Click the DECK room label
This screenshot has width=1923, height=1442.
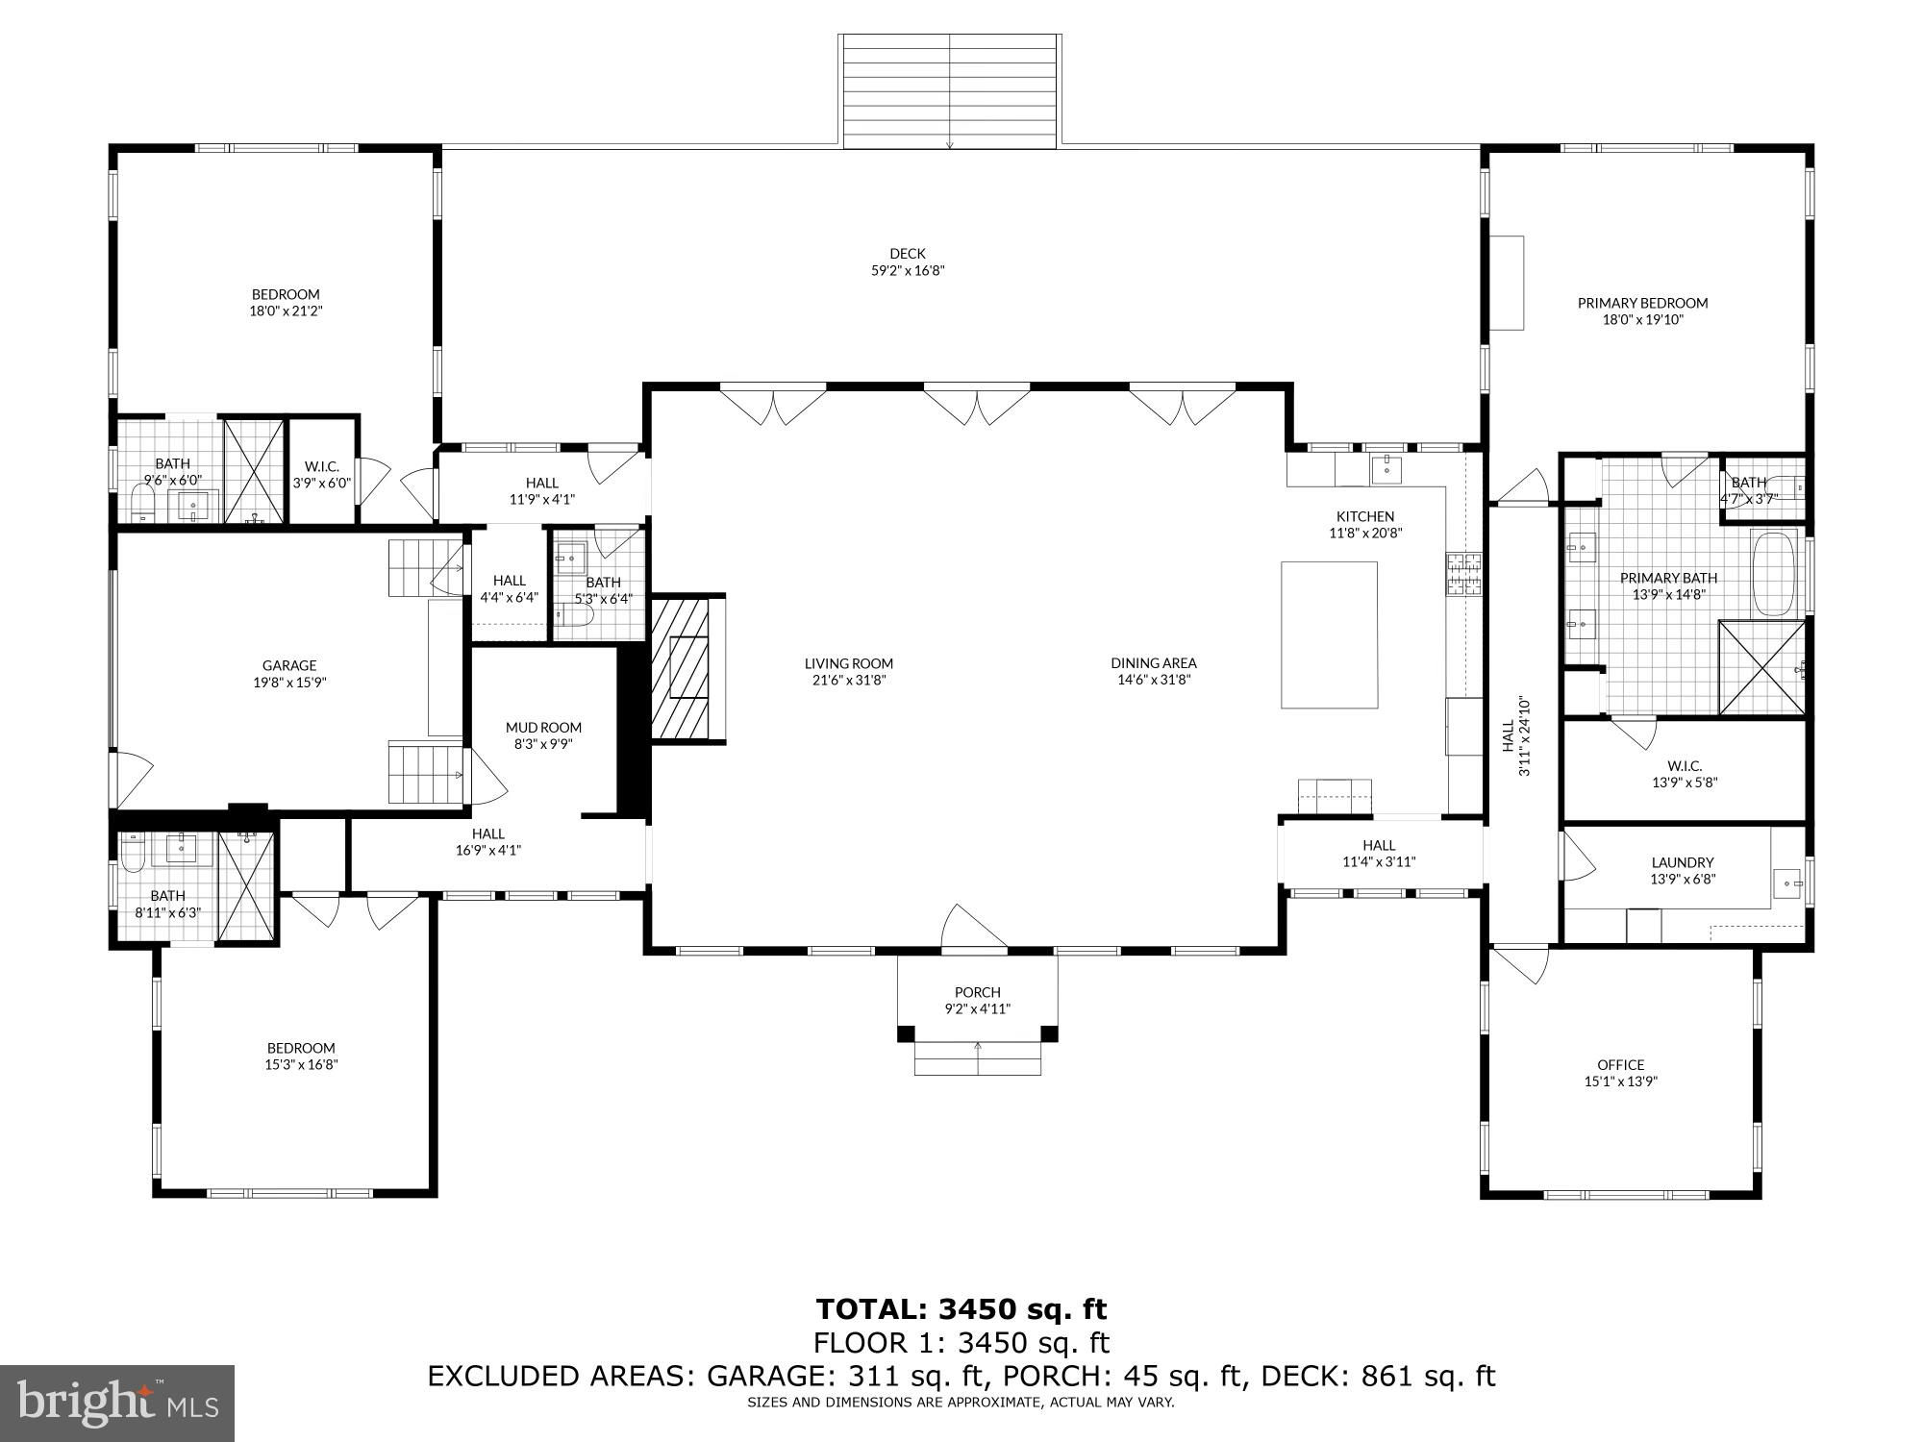tap(907, 254)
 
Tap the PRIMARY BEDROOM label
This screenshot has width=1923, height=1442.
tap(1642, 303)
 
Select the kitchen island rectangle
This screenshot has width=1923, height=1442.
tap(1329, 635)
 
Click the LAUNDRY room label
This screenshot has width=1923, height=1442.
tap(1683, 862)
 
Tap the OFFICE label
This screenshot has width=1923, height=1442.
tap(1621, 1064)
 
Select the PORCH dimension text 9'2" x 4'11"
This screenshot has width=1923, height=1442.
tap(978, 1008)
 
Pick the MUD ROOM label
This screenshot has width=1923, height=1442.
tap(543, 727)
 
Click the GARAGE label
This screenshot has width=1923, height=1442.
tap(289, 665)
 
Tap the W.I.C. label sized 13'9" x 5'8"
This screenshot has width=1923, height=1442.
tap(1685, 774)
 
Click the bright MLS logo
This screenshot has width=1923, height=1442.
tap(117, 1404)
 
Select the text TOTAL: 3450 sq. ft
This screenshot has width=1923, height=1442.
tap(961, 1308)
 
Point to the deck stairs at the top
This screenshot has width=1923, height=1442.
tap(950, 91)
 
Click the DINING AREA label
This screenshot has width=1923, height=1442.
tap(1154, 662)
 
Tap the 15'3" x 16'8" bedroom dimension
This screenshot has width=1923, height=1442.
tap(302, 1064)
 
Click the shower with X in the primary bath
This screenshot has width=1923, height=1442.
tap(1761, 668)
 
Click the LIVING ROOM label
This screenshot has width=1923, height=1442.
tap(849, 662)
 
